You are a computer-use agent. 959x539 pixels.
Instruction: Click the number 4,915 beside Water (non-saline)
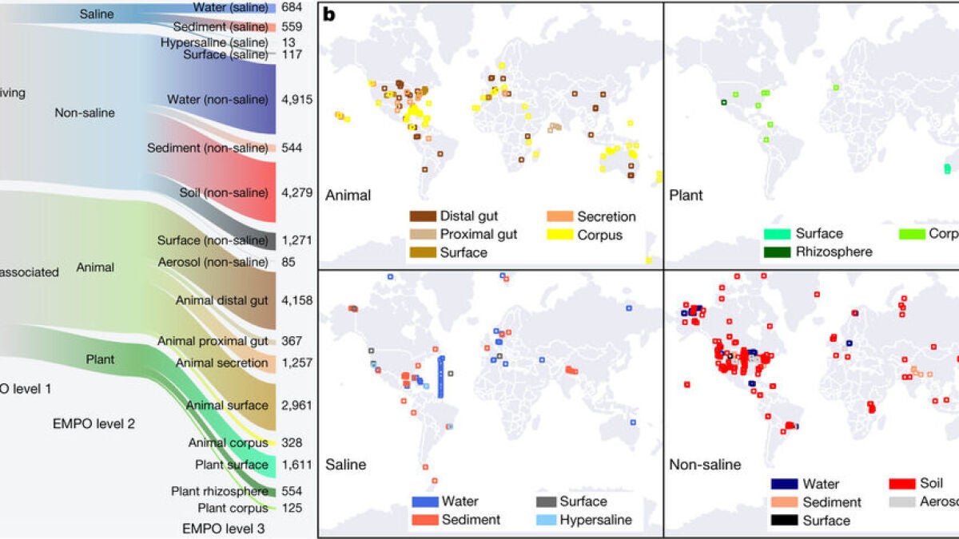296,100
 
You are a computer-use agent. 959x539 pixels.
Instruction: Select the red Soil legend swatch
901,484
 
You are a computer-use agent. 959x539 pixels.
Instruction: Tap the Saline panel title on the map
345,464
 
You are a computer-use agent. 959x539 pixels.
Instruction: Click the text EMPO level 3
223,527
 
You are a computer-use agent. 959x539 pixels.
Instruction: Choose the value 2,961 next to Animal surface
296,405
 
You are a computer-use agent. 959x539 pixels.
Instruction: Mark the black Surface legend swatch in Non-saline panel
782,521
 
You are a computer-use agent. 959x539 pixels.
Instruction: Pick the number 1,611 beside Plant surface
296,465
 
